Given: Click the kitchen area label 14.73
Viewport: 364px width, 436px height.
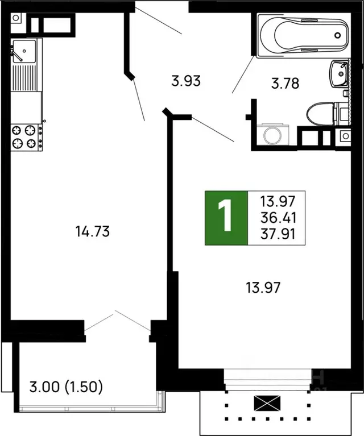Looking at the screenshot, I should [92, 231].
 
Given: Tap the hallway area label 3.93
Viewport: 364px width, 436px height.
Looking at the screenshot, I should [187, 81].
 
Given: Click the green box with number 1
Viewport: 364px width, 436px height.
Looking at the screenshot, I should [226, 218].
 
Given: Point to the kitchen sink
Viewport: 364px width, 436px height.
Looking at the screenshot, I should [25, 52].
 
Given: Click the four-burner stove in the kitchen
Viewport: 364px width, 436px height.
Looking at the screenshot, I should [26, 137].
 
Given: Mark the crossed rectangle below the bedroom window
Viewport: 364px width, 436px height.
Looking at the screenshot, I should [268, 405].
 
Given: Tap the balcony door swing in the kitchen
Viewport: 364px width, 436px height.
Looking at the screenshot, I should [117, 322].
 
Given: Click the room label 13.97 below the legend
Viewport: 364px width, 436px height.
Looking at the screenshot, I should [263, 287].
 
